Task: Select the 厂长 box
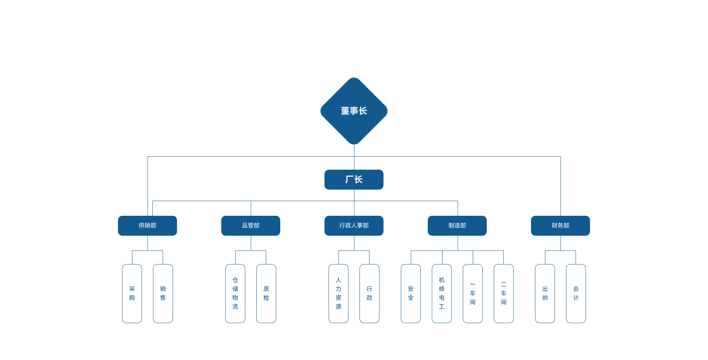pyautogui.click(x=354, y=180)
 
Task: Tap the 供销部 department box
pyautogui.click(x=147, y=225)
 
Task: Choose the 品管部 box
pyautogui.click(x=251, y=225)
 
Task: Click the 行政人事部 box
pyautogui.click(x=354, y=225)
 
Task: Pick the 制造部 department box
pyautogui.click(x=457, y=225)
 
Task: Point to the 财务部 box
pyautogui.click(x=560, y=225)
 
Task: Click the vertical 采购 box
pyautogui.click(x=132, y=293)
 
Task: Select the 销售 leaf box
pyautogui.click(x=163, y=293)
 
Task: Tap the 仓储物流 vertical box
pyautogui.click(x=235, y=293)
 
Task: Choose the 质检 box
pyautogui.click(x=266, y=293)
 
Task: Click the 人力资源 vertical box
pyautogui.click(x=339, y=293)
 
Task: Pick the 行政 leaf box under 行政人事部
pyautogui.click(x=369, y=293)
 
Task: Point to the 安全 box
pyautogui.click(x=411, y=293)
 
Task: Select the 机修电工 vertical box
pyautogui.click(x=442, y=293)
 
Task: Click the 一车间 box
pyautogui.click(x=473, y=293)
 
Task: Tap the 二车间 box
pyautogui.click(x=504, y=293)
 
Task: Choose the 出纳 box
pyautogui.click(x=545, y=293)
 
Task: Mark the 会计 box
pyautogui.click(x=576, y=293)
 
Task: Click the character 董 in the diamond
pyautogui.click(x=345, y=111)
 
